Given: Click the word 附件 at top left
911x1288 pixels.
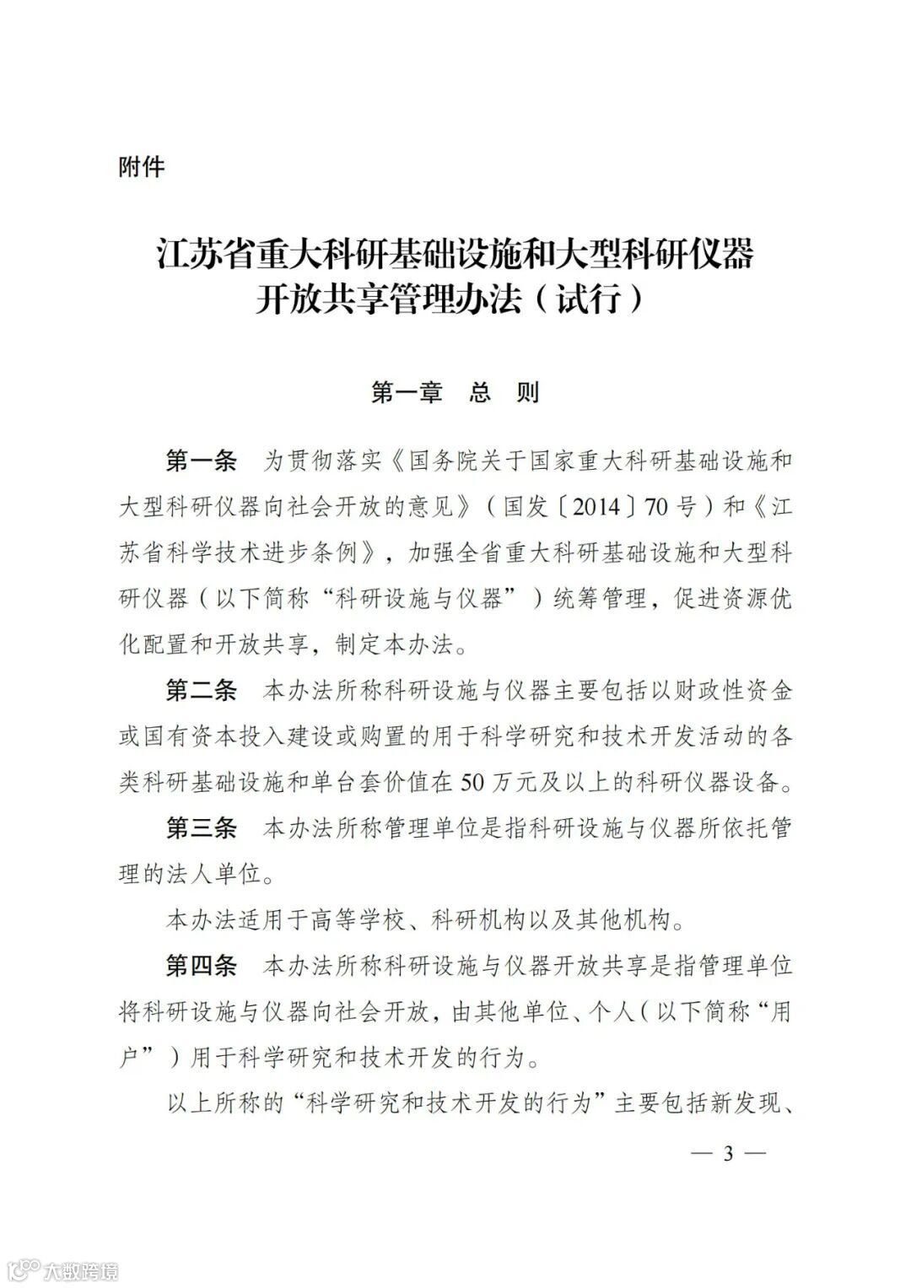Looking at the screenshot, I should pyautogui.click(x=142, y=167).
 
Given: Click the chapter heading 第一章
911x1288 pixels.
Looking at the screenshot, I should pyautogui.click(x=407, y=393).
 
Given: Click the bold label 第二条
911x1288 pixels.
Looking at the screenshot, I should pyautogui.click(x=202, y=691).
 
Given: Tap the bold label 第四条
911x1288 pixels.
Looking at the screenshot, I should pyautogui.click(x=202, y=965).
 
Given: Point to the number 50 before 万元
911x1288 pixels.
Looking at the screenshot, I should pyautogui.click(x=474, y=783).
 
